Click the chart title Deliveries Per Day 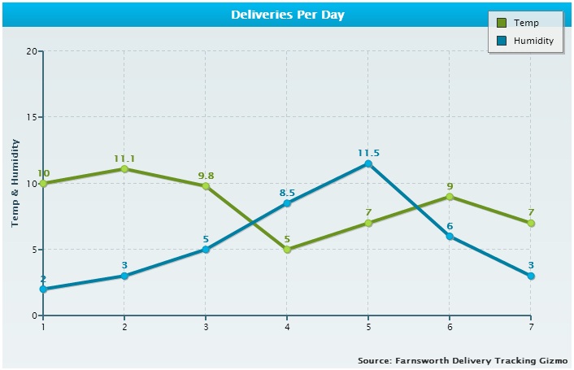tap(287, 15)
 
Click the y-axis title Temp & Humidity tap(15, 183)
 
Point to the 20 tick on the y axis tap(33, 50)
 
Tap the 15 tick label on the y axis tap(33, 117)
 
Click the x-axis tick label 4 tap(287, 327)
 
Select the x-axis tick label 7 tap(531, 327)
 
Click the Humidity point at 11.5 tap(368, 163)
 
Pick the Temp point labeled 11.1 tap(124, 169)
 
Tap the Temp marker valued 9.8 tap(206, 186)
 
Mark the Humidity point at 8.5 tap(287, 203)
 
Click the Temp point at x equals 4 tap(287, 250)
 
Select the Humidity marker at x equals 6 tap(450, 237)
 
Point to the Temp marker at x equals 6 tap(450, 197)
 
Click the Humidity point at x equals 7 tap(531, 276)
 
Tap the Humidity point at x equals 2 tap(124, 276)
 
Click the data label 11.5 tap(368, 152)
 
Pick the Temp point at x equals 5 tap(368, 223)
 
